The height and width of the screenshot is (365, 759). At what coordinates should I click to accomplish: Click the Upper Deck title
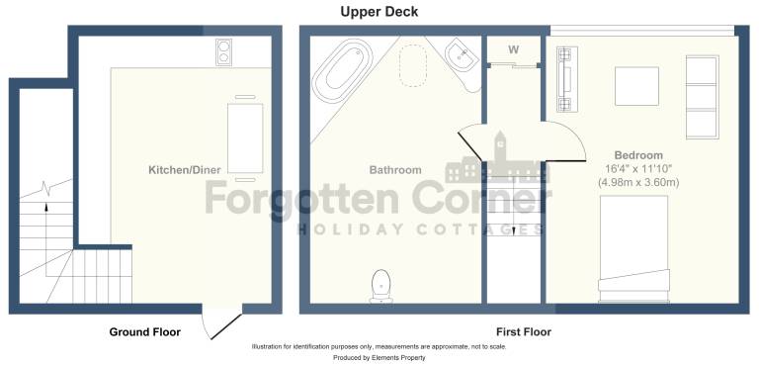pos(379,12)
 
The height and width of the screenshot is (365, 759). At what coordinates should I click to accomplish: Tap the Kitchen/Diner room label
pos(185,170)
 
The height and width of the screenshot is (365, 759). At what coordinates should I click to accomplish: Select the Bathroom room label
pos(395,170)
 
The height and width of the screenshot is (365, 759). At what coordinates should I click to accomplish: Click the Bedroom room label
pos(638,155)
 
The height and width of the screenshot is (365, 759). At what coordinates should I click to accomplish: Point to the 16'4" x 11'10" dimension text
pos(638,169)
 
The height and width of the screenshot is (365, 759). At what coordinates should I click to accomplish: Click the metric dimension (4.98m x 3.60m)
pos(638,183)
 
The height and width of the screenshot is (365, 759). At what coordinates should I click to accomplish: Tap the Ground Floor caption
pos(144,332)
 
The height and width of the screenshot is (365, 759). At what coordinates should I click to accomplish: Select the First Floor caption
pos(524,332)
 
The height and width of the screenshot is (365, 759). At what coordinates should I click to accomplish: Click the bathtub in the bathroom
pos(342,71)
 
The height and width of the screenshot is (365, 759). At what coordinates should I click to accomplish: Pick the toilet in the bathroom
pos(381,286)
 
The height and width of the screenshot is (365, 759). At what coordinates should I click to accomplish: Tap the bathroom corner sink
pos(463,59)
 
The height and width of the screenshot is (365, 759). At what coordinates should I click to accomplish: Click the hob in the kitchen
pos(223,52)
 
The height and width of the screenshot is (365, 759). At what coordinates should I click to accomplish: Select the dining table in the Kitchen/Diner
pos(245,138)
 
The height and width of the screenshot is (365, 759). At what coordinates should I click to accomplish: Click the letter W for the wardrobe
pos(514,49)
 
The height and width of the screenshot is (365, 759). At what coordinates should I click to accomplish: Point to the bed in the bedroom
pos(633,249)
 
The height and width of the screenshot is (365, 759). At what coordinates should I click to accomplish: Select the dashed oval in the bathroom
pos(413,66)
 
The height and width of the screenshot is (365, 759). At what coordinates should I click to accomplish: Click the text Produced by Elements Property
pos(379,358)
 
